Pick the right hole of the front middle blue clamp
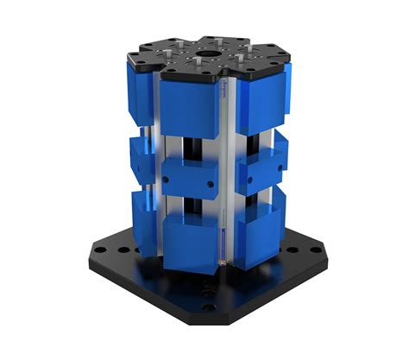click(x=213, y=183)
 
